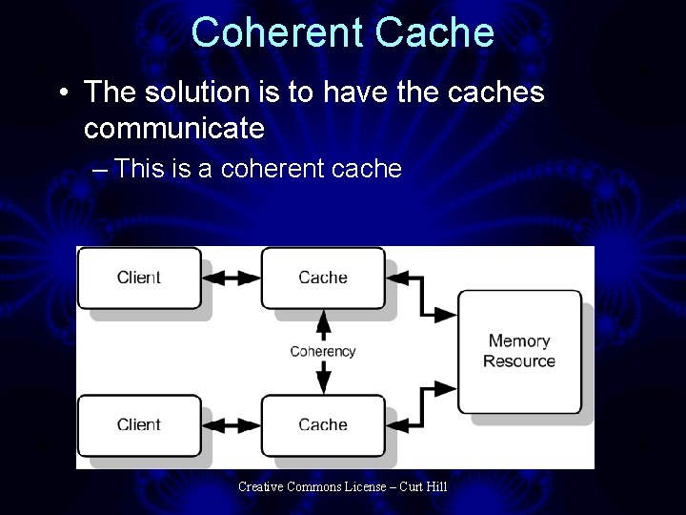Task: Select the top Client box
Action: pos(139,278)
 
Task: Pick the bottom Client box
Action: pos(139,424)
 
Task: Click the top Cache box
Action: pos(323,278)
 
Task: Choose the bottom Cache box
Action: pos(323,424)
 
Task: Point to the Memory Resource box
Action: pos(519,351)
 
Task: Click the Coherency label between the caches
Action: pos(323,351)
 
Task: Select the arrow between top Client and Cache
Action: pos(232,278)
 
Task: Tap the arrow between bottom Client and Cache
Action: pos(232,424)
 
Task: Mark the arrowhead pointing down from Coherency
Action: pos(323,383)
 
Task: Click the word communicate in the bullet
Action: pos(173,126)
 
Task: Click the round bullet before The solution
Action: pos(62,93)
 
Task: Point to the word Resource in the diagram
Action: pos(519,361)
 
